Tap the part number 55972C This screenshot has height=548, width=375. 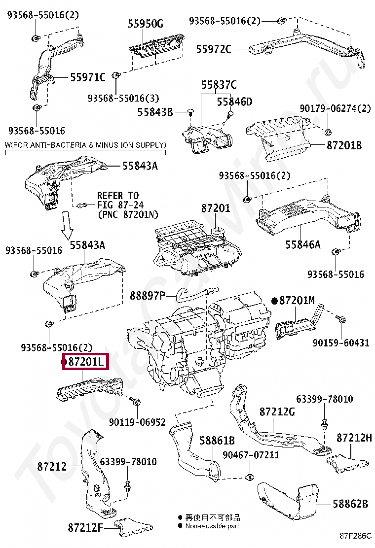pos(213,49)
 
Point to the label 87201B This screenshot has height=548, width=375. pos(344,145)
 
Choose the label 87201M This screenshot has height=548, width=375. pos(297,300)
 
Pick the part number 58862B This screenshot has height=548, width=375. pos(350,504)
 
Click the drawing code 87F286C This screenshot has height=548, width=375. pos(356,536)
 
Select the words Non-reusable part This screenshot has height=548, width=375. pos(212,526)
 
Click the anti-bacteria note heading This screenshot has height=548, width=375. pos(85,145)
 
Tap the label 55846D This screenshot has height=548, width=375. pos(235,102)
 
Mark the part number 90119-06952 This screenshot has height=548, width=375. pos(137,422)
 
